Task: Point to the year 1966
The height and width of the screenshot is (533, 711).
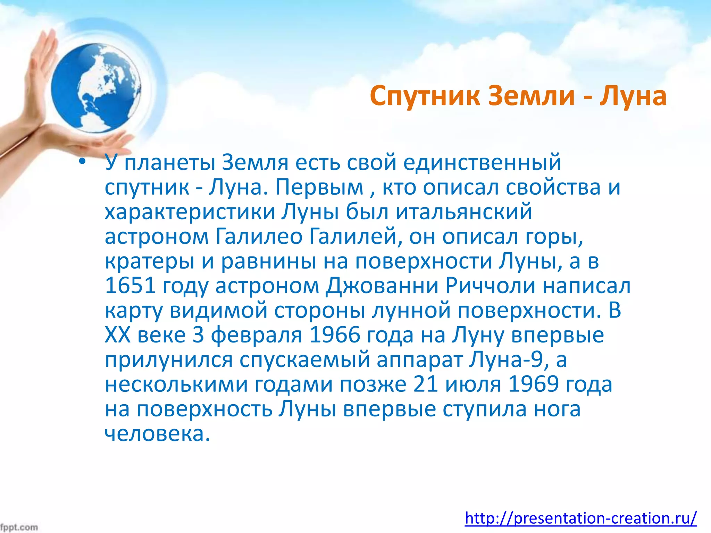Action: tap(334, 335)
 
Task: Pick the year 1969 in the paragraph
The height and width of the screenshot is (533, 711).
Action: tap(533, 384)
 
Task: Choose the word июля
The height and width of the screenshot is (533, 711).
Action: tap(473, 384)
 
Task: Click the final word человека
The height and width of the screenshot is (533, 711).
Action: tap(157, 434)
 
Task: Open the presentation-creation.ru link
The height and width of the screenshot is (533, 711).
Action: tap(580, 518)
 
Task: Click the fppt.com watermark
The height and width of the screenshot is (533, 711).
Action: tap(19, 527)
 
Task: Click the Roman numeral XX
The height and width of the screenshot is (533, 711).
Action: tap(118, 335)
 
